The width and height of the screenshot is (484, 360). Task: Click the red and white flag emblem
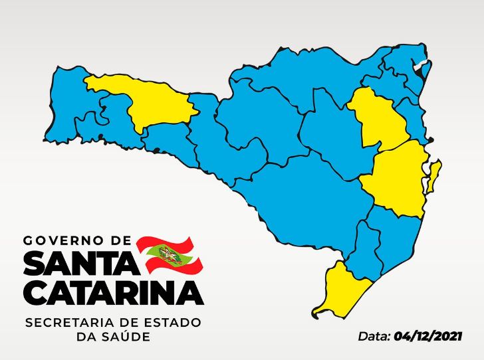coord(168,254)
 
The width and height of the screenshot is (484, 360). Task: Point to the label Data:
coord(374,336)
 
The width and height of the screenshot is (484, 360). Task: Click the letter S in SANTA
coord(35,264)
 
